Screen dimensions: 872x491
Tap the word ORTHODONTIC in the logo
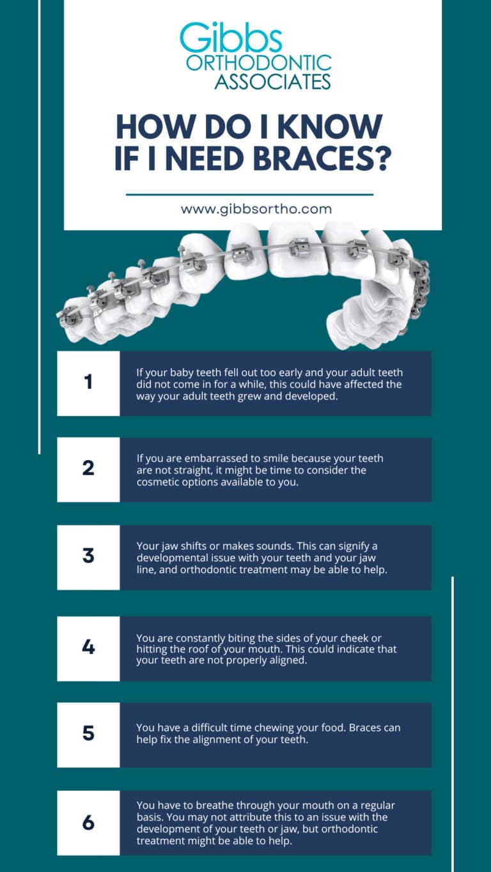tap(258, 63)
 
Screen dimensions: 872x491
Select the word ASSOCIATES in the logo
tap(272, 82)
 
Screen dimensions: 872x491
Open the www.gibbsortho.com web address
tap(256, 209)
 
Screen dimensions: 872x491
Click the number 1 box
tap(88, 383)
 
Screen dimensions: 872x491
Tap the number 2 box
tap(88, 469)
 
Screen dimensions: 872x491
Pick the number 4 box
tap(88, 648)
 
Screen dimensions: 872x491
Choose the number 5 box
tap(88, 734)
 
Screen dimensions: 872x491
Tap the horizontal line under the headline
tap(249, 194)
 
